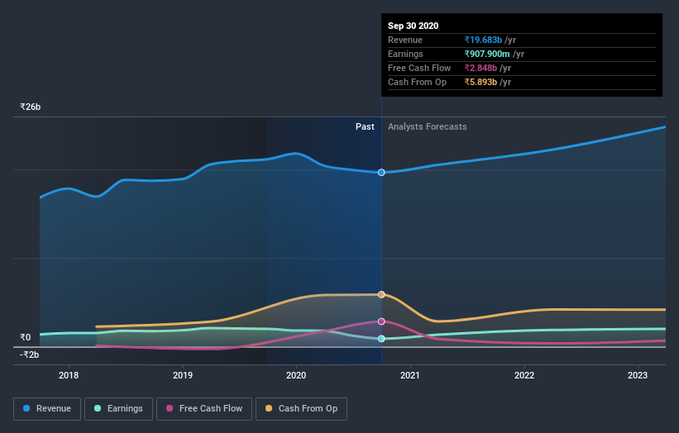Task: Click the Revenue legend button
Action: pyautogui.click(x=48, y=408)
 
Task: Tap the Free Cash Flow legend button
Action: pyautogui.click(x=204, y=408)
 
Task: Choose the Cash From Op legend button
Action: pyautogui.click(x=302, y=408)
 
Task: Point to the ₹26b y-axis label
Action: pyautogui.click(x=31, y=107)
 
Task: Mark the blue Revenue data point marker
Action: pyautogui.click(x=381, y=173)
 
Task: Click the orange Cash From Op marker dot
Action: pyautogui.click(x=381, y=294)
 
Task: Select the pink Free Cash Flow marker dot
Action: pyautogui.click(x=381, y=321)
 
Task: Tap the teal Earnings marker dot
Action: pyautogui.click(x=381, y=339)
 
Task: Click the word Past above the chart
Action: pyautogui.click(x=365, y=127)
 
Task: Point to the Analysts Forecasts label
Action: pyautogui.click(x=427, y=127)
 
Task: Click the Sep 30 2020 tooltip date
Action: pyautogui.click(x=413, y=26)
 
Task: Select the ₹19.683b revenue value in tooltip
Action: pyautogui.click(x=484, y=40)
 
